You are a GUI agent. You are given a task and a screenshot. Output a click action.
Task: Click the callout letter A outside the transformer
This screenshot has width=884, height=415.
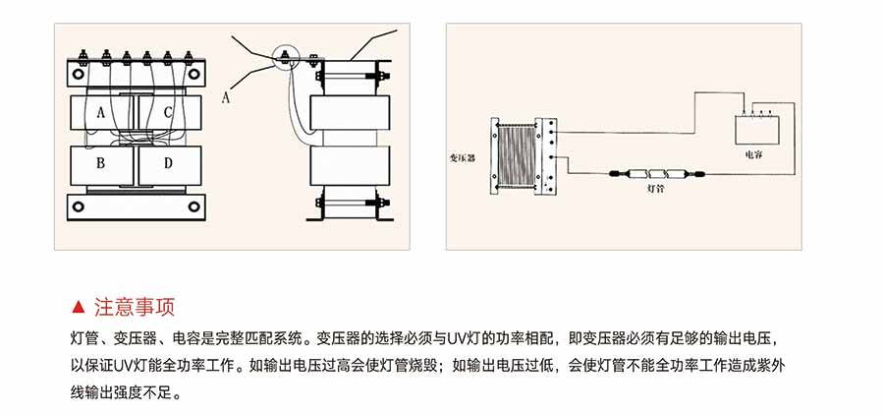coord(226,96)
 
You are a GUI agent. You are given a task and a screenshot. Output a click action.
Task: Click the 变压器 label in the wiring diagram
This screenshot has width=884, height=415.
coord(462,156)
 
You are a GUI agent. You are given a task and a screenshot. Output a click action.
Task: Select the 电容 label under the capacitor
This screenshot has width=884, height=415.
coord(754,155)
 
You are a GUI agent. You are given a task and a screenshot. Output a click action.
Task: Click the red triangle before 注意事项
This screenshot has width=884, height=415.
coord(80,306)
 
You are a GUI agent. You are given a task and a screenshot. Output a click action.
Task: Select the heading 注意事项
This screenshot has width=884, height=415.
coord(134,306)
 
